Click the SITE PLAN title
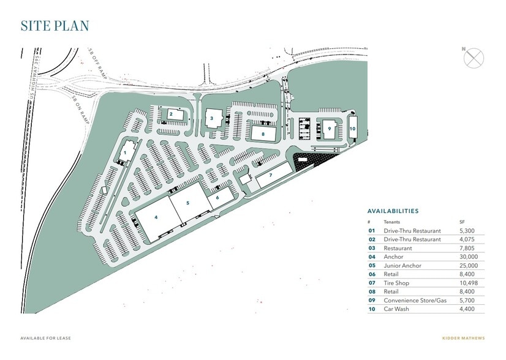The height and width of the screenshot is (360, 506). [55, 26]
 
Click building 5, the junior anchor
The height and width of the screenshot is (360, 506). [187, 203]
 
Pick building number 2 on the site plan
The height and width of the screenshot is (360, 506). [172, 113]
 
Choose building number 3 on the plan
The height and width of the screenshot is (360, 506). [212, 118]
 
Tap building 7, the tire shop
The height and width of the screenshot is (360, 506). [270, 175]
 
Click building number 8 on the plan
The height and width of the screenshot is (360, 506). [263, 133]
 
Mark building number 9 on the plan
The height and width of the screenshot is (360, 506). [330, 128]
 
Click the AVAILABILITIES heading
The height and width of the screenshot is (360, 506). [393, 211]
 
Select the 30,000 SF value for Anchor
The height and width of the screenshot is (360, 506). [469, 257]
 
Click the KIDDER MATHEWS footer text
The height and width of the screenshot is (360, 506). [463, 337]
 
